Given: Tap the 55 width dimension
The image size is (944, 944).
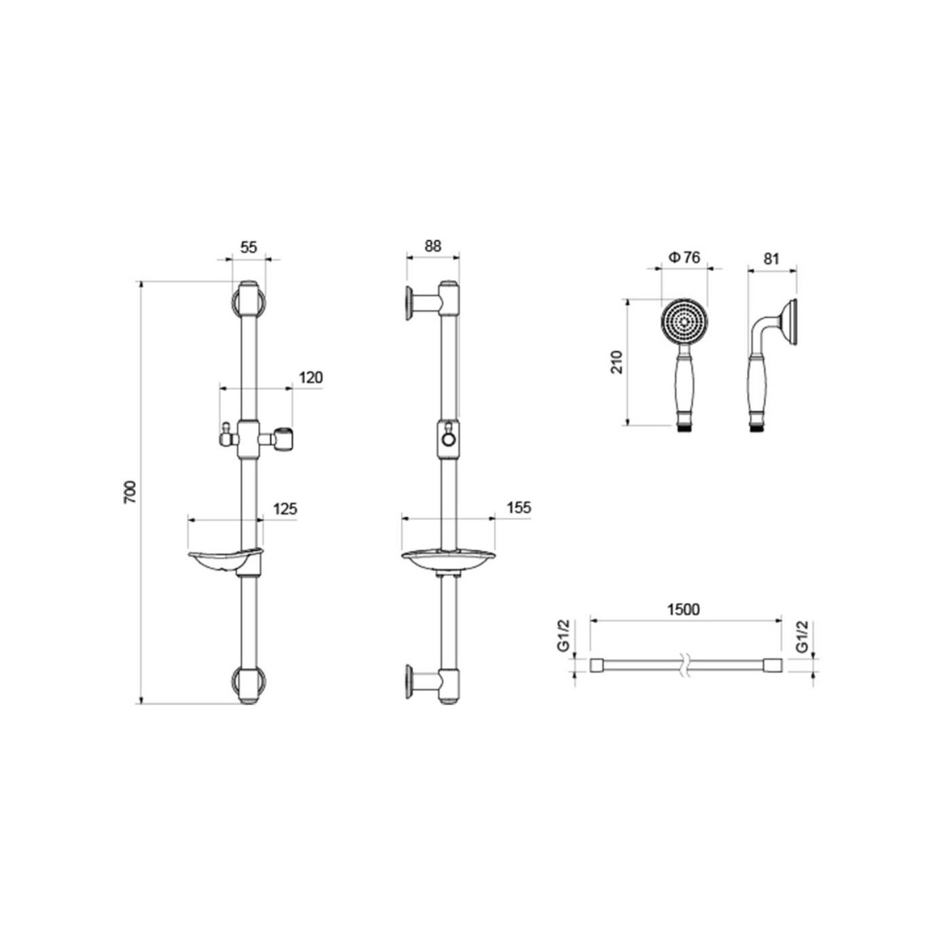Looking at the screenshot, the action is point(249,247).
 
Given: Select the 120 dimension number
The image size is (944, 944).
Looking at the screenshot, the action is point(311,378).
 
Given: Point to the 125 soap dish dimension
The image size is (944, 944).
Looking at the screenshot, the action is point(286,509).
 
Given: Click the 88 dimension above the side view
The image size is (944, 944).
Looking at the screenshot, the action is point(432,245).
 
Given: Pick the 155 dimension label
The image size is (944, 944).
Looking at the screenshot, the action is point(519,508).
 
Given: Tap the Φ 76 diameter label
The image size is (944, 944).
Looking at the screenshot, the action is point(684,257).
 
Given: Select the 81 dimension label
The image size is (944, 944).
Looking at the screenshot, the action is point(771,259).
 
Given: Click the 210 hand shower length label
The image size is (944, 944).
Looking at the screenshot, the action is point(617,361).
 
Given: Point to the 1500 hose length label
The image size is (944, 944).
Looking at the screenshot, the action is point(684,609).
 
